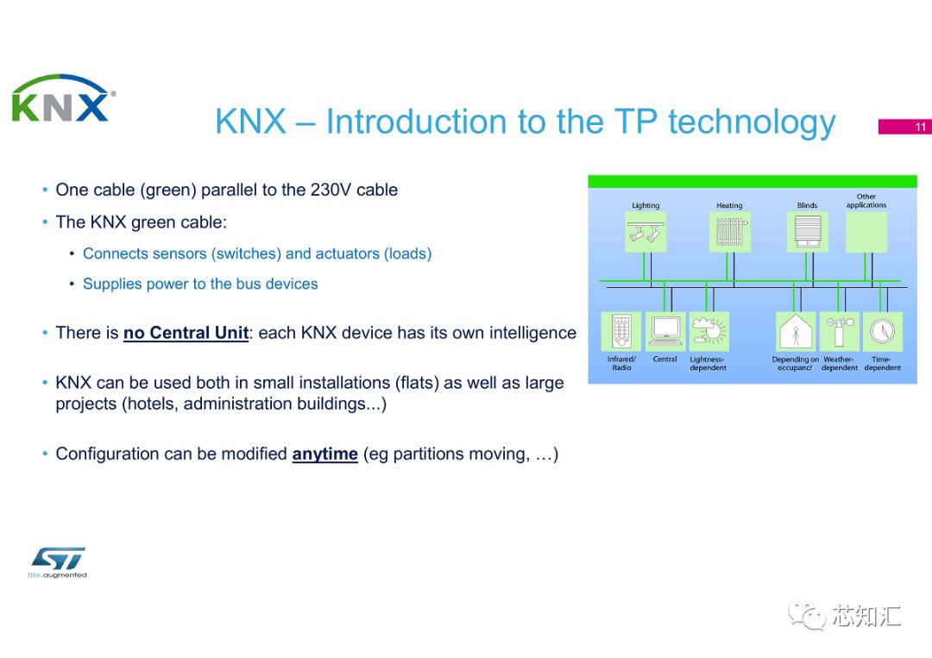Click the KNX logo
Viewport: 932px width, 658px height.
[x=61, y=99]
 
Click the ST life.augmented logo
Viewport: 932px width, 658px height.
[x=57, y=562]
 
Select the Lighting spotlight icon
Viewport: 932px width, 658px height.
[x=645, y=232]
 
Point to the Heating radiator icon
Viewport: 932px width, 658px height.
[x=729, y=232]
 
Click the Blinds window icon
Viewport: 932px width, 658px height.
[x=809, y=232]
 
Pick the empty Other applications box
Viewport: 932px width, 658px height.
[x=866, y=232]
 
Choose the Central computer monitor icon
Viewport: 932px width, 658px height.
[x=665, y=331]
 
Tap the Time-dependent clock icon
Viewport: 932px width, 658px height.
[x=882, y=331]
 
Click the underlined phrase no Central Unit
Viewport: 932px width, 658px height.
[x=186, y=333]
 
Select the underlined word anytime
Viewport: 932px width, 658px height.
[x=324, y=454]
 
